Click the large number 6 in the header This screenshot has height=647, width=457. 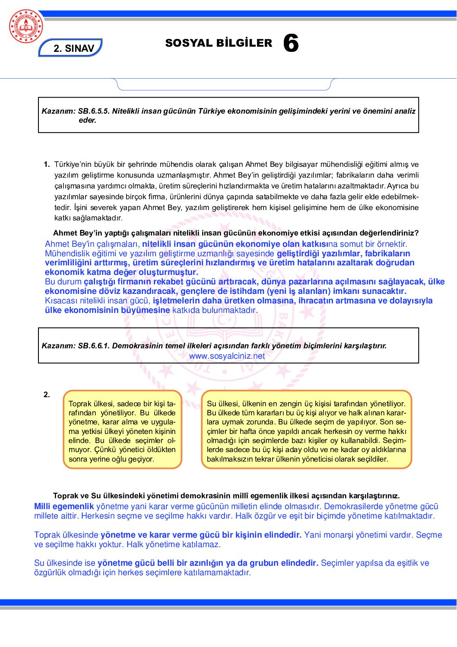291,44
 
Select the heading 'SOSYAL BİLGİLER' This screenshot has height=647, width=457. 219,43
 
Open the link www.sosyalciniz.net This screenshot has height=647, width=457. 227,356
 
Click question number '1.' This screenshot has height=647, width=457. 47,164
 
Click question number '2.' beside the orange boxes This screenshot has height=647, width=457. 47,395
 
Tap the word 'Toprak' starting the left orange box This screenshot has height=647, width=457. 80,404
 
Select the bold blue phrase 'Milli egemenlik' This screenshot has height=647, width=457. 64,507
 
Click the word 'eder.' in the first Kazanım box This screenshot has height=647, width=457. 87,121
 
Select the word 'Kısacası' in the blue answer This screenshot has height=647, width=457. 60,301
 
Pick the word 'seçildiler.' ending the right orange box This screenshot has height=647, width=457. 373,459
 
